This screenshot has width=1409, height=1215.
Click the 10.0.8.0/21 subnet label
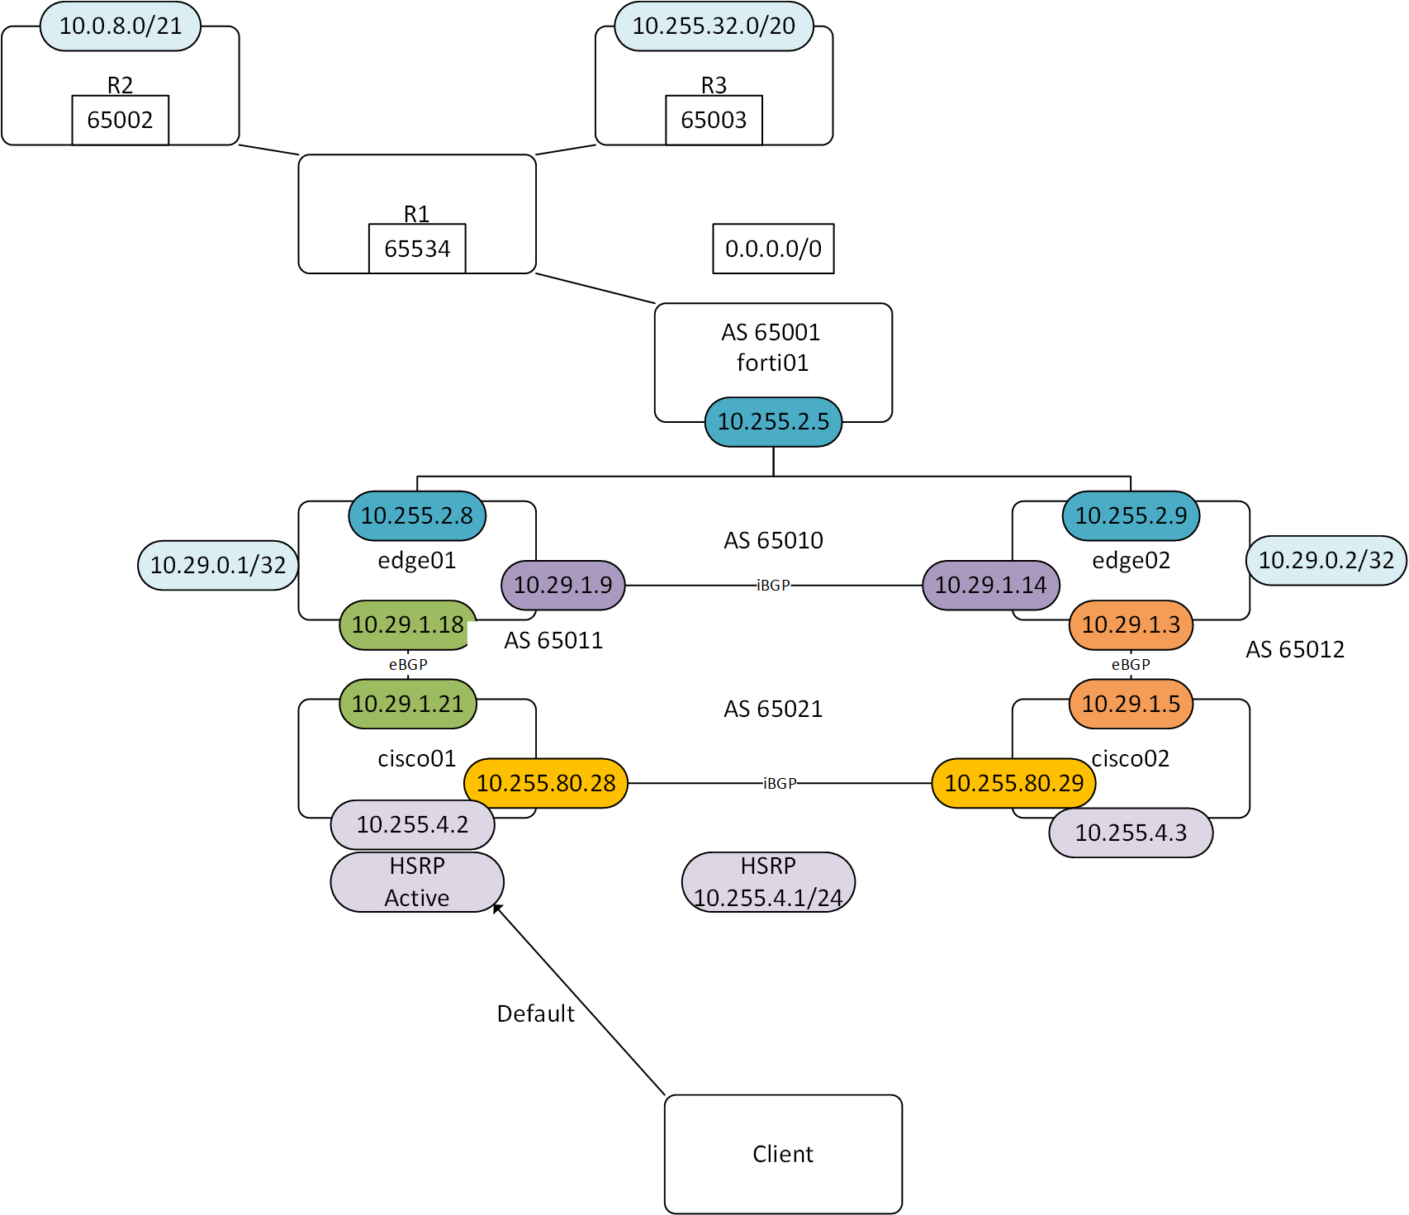point(121,26)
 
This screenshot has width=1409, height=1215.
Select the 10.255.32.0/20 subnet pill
point(714,26)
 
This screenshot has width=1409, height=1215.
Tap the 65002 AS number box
point(121,121)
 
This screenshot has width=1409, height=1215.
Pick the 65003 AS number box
point(714,121)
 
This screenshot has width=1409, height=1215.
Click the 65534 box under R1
point(417,249)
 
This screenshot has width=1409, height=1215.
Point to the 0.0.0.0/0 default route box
point(773,249)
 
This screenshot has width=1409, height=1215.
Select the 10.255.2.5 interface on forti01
point(773,422)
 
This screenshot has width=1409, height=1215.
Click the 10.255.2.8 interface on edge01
point(417,516)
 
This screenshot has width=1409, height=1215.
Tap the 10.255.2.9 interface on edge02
point(1131,516)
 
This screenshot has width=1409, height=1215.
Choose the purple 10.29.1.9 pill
point(563,586)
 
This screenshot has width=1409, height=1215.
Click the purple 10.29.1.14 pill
point(990,586)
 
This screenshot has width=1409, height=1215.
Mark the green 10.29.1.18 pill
point(408,625)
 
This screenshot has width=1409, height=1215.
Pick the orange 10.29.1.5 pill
point(1131,705)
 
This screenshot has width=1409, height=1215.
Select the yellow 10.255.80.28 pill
point(546,783)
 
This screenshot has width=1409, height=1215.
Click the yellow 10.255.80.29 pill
point(1013,783)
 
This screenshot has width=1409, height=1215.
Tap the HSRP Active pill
point(417,882)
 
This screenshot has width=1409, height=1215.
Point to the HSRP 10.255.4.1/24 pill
point(768,882)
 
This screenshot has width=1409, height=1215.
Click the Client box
point(783,1154)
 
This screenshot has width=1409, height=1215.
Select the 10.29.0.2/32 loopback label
point(1326,561)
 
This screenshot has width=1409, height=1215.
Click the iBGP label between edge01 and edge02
point(773,586)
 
